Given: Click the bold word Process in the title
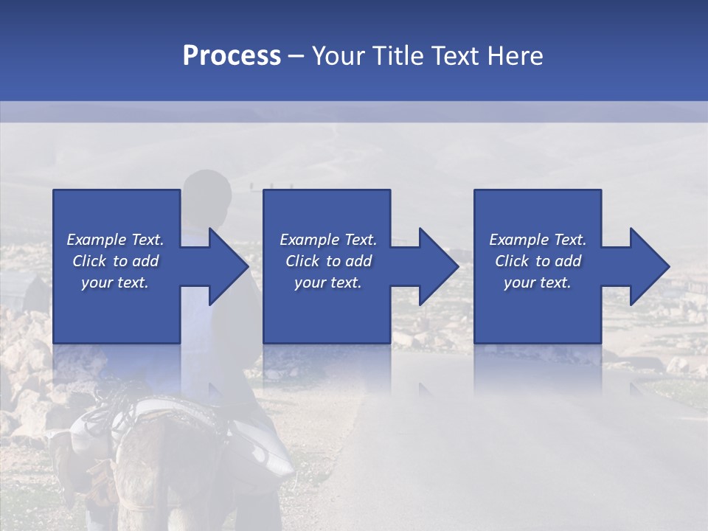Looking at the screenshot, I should [232, 56].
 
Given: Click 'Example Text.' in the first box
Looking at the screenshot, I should [115, 240].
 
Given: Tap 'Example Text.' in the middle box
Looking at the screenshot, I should [328, 240].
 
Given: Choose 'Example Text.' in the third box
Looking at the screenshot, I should [538, 240].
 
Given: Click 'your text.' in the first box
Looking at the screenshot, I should [115, 282].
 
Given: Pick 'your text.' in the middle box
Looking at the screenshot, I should [328, 282].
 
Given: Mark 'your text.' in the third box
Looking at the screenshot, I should [538, 282].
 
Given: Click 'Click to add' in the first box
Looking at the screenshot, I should [115, 261].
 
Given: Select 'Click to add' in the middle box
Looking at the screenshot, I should [328, 261].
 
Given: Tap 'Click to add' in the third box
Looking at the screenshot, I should [538, 261].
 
